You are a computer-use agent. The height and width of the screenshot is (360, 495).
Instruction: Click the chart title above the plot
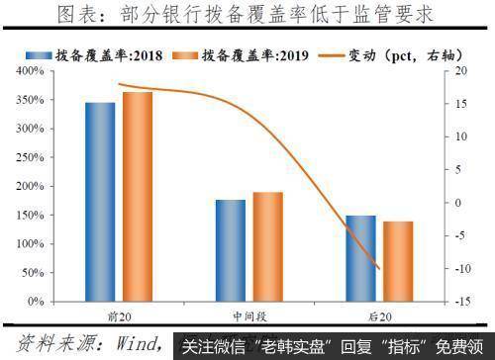[x=247, y=14]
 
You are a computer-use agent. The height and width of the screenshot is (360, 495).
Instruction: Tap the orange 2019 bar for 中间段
[x=267, y=246]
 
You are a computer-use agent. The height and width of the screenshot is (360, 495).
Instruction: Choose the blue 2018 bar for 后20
[x=360, y=258]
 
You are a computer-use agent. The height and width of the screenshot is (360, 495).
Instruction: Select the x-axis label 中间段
[x=248, y=315]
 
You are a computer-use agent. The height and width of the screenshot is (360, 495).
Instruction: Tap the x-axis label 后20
[x=379, y=315]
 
